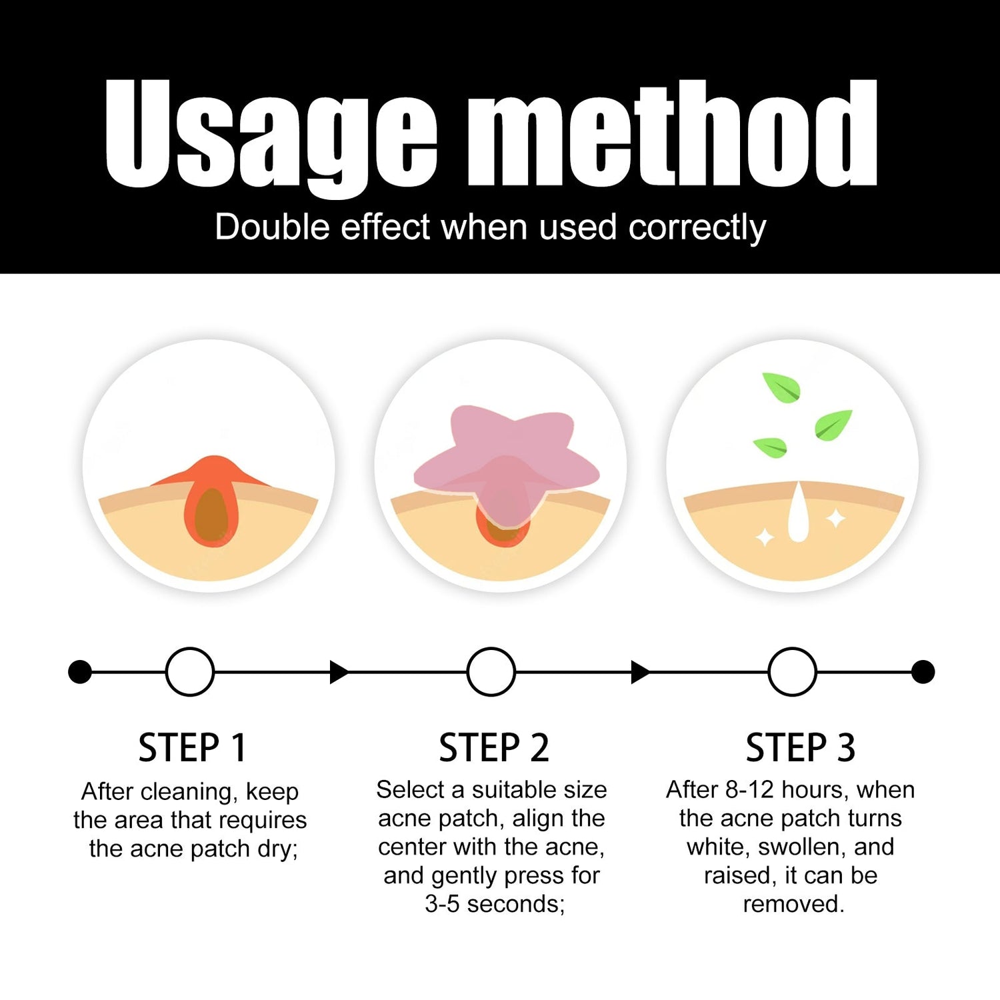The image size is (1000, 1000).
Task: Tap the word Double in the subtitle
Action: coord(273,227)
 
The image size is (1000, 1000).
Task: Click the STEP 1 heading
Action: coord(192,747)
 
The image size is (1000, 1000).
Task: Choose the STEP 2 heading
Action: coord(494,747)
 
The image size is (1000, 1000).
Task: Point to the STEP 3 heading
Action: coord(800,747)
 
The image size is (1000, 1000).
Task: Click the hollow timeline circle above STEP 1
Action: coord(190,672)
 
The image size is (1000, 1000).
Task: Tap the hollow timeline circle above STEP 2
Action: coord(491,672)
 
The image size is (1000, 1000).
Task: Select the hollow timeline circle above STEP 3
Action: coord(793,672)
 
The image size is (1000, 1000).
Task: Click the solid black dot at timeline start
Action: coord(80,672)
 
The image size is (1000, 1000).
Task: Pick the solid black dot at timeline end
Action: coord(923,672)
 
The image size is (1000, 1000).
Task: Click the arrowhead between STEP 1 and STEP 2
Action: coord(339,672)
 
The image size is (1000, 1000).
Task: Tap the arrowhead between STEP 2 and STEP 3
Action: coord(641,672)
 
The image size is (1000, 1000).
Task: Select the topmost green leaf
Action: coord(781,387)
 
